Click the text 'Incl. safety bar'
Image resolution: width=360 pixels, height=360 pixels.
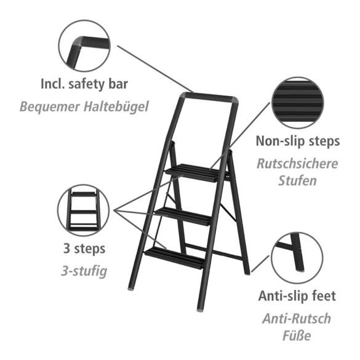(x=84, y=83)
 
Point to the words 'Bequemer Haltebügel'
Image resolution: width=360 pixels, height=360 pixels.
(x=84, y=106)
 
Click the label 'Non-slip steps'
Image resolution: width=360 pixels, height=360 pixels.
(x=298, y=141)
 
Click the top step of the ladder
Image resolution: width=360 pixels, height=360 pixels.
(x=192, y=172)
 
